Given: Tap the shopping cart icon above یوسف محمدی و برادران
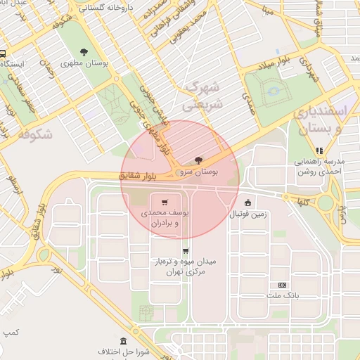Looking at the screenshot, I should [165, 200].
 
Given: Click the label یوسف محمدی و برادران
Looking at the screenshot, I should [165, 217].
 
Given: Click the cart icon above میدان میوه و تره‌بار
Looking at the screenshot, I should [186, 250].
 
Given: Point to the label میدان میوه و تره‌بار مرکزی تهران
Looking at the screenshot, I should [186, 266].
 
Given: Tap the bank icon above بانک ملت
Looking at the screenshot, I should [282, 285].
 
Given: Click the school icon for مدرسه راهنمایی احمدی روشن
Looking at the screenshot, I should [320, 150].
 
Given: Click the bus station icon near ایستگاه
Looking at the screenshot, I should [2, 53].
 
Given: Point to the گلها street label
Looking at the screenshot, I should [304, 201].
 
